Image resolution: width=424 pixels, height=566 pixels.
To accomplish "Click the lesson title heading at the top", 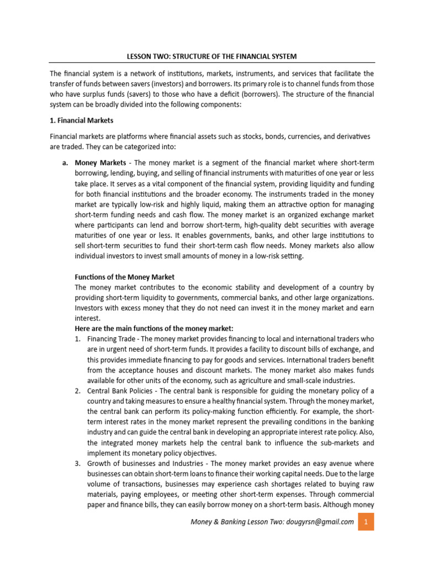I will tap(212, 56).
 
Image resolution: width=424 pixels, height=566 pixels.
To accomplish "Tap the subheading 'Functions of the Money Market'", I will tap(124, 277).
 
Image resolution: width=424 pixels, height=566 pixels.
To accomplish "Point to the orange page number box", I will tap(365, 522).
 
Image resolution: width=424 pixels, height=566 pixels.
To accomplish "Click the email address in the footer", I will tap(320, 522).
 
